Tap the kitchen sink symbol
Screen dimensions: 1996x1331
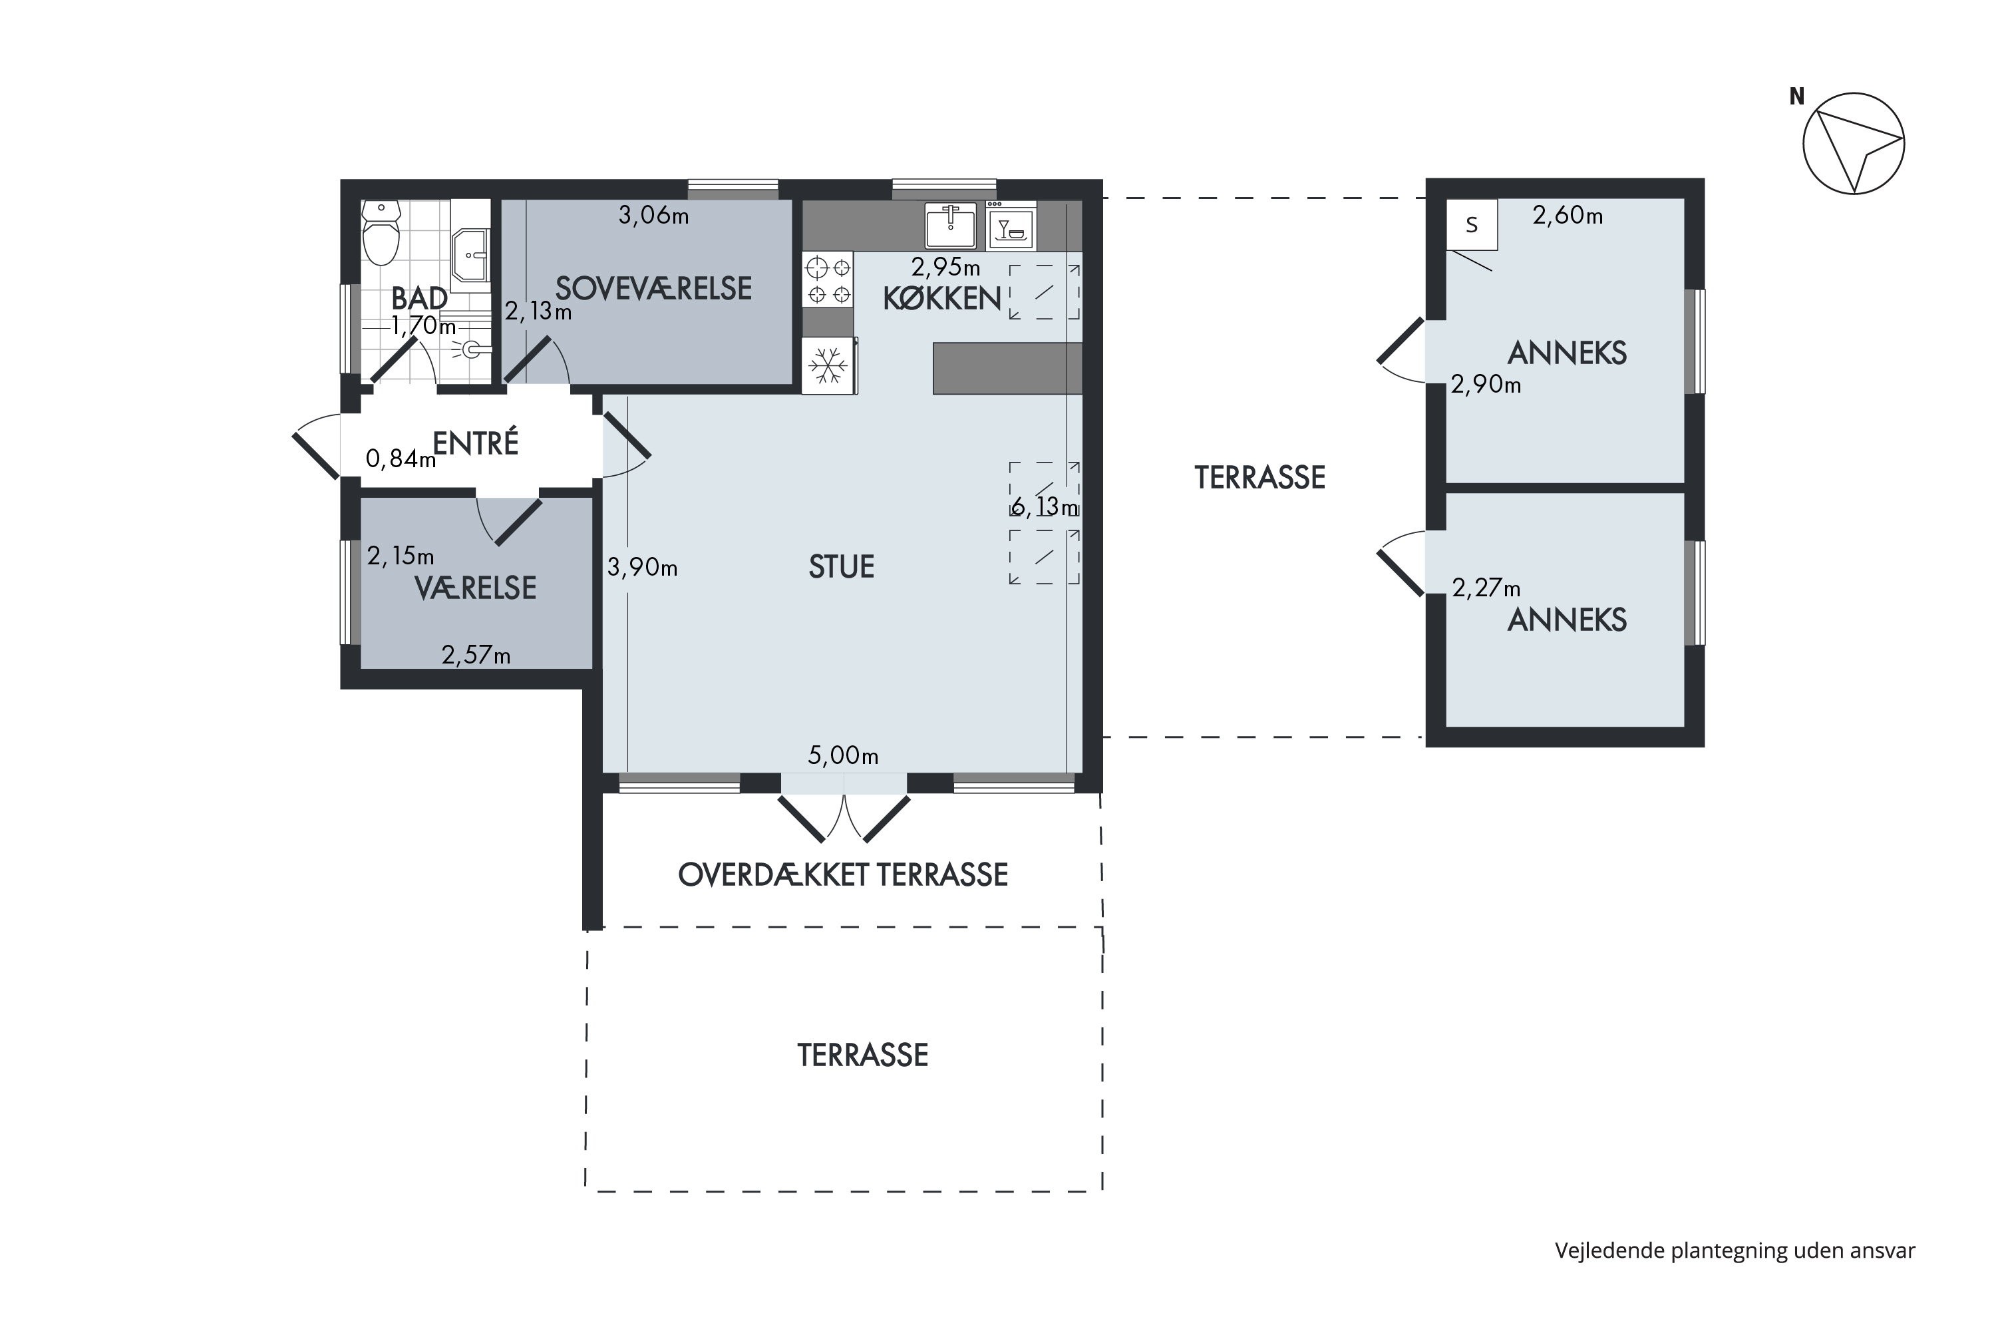pyautogui.click(x=951, y=225)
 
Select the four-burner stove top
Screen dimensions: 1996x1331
pyautogui.click(x=828, y=281)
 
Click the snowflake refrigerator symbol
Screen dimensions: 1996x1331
pyautogui.click(x=828, y=366)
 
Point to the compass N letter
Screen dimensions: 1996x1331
pyautogui.click(x=1796, y=96)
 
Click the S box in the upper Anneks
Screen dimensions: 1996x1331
pyautogui.click(x=1472, y=225)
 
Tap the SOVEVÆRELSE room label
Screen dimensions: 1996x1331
pyautogui.click(x=653, y=289)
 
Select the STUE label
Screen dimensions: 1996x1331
pyautogui.click(x=841, y=567)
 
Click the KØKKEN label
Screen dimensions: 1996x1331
pyautogui.click(x=942, y=299)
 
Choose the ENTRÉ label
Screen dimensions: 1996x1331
pyautogui.click(x=475, y=443)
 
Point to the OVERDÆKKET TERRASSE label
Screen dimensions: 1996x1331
pyautogui.click(x=843, y=875)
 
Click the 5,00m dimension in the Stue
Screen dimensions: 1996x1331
pyautogui.click(x=843, y=755)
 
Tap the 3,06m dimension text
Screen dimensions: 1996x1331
pyautogui.click(x=653, y=216)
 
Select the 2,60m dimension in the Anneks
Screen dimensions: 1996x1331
pyautogui.click(x=1568, y=216)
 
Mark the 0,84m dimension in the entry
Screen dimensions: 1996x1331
pyautogui.click(x=401, y=459)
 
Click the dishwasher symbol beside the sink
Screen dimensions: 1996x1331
pyautogui.click(x=1011, y=226)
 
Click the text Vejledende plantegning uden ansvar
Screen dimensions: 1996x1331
pyautogui.click(x=1735, y=1250)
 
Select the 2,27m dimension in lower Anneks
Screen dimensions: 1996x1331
pyautogui.click(x=1486, y=588)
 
